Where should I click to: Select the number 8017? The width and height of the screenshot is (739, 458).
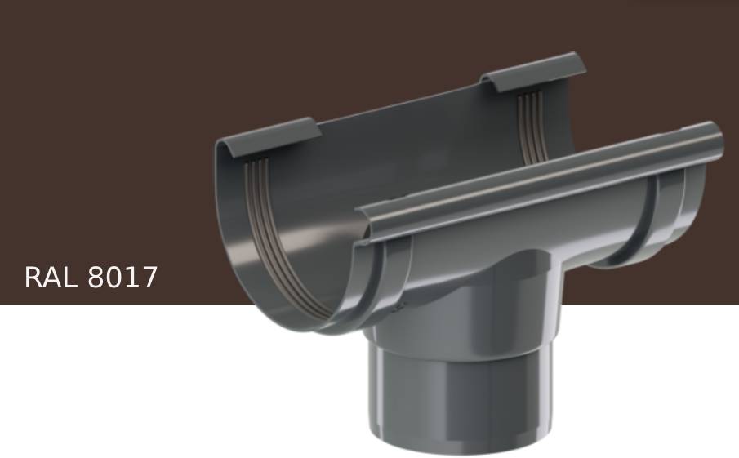coord(122,278)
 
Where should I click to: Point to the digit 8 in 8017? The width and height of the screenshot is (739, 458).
coord(96,278)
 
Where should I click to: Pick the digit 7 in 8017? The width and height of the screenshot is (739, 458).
coord(148,278)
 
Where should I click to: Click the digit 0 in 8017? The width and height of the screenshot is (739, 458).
coord(114,278)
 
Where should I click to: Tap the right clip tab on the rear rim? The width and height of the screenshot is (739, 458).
coord(535,71)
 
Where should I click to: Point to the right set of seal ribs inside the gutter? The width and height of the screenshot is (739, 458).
coord(531,122)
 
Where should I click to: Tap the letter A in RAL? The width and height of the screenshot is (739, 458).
coord(52,278)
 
